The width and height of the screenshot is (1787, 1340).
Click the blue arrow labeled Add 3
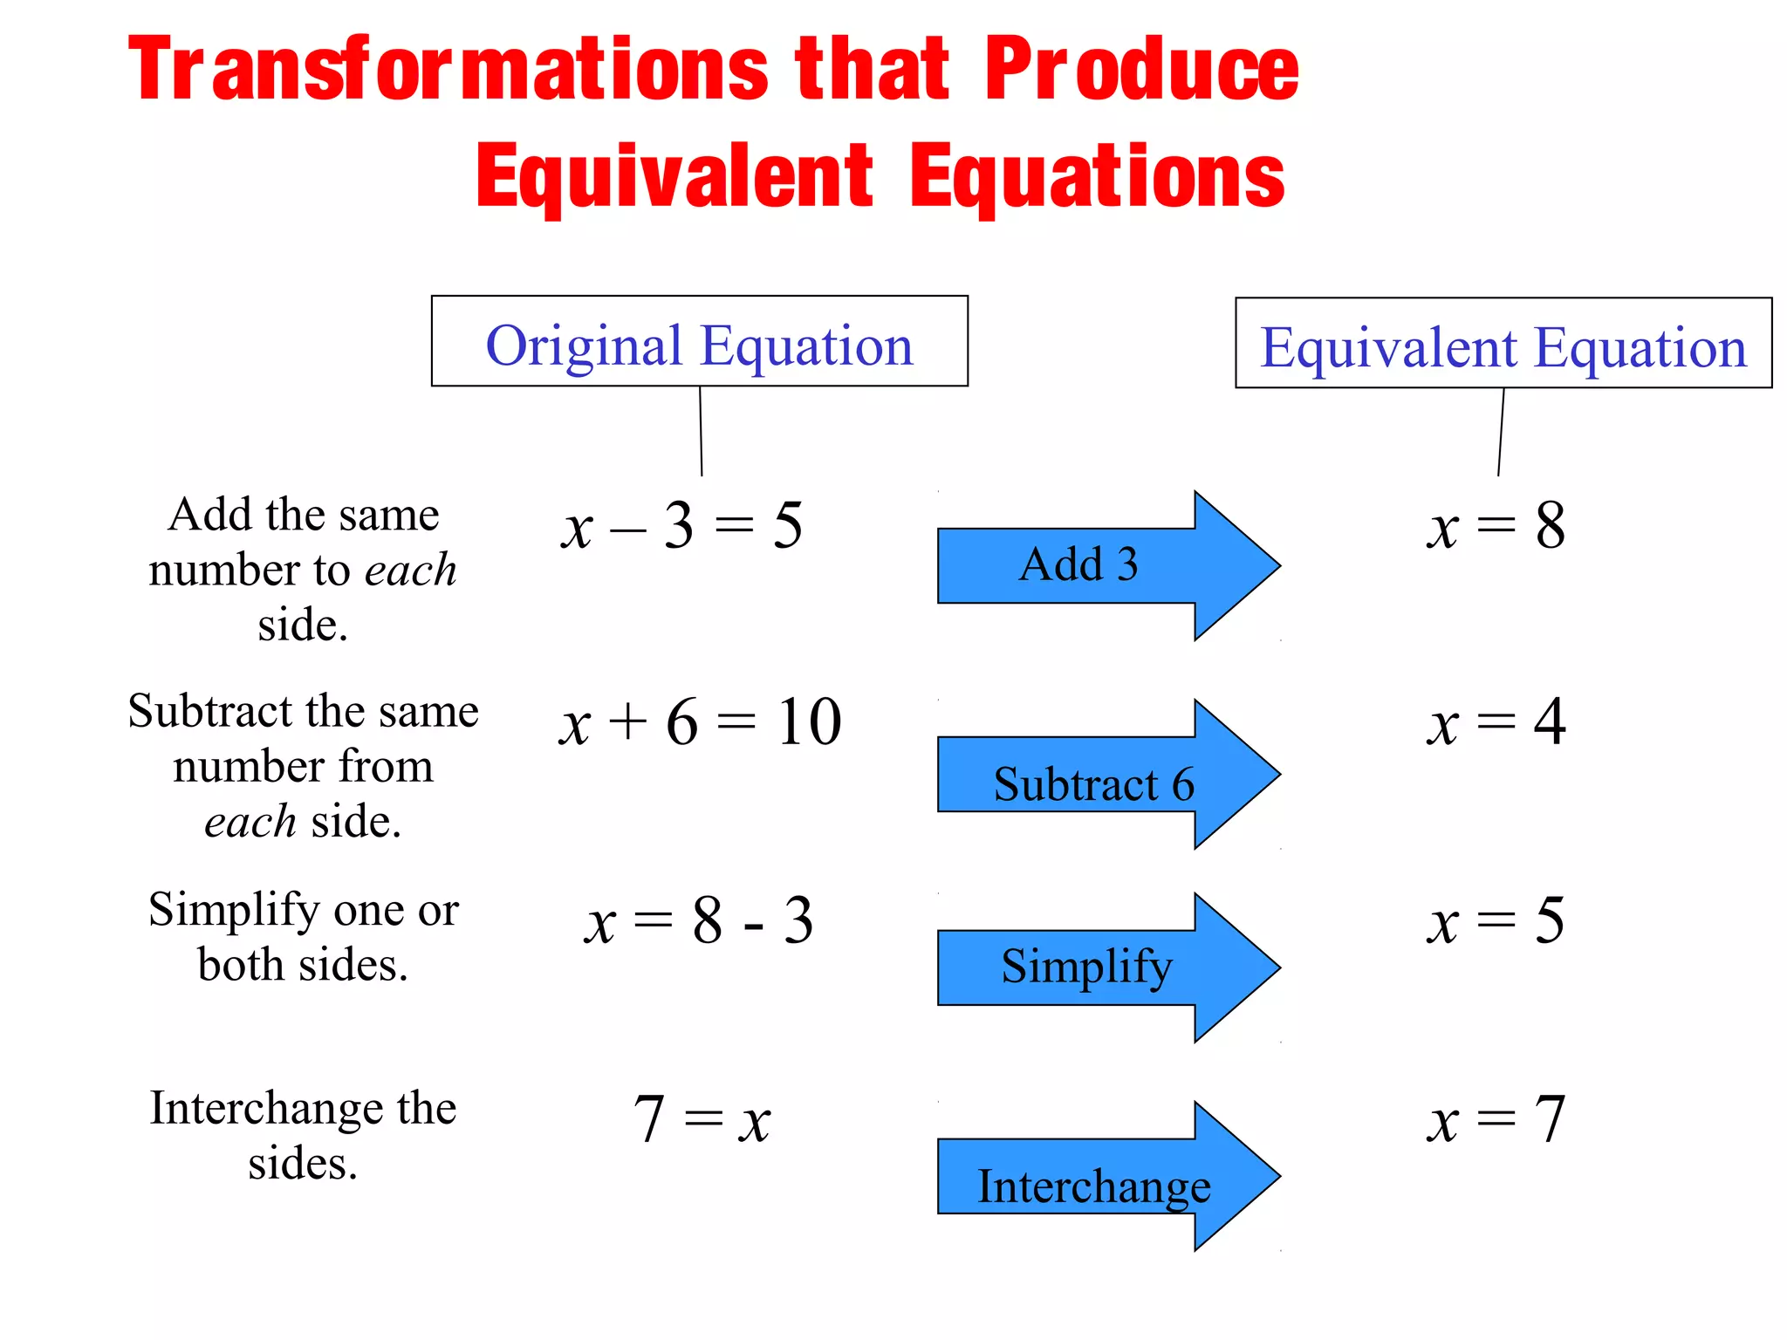click(1082, 565)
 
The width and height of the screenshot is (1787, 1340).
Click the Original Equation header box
click(699, 342)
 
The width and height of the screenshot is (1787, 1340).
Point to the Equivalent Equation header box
click(1503, 344)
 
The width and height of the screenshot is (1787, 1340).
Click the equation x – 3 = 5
click(681, 526)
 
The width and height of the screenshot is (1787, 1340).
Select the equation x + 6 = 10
click(700, 722)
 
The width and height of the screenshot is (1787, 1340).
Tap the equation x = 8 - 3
click(699, 921)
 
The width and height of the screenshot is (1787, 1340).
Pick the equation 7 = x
click(702, 1119)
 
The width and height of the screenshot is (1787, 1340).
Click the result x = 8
click(1496, 526)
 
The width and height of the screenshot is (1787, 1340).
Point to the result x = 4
click(1496, 722)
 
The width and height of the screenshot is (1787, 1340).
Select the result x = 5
click(1496, 921)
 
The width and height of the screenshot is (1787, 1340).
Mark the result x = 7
click(1496, 1119)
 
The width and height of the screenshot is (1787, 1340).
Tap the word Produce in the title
click(1141, 70)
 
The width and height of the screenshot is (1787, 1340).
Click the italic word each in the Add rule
click(410, 571)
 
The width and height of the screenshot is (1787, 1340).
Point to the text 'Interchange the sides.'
click(303, 1135)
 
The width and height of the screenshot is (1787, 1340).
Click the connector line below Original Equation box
click(701, 431)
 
